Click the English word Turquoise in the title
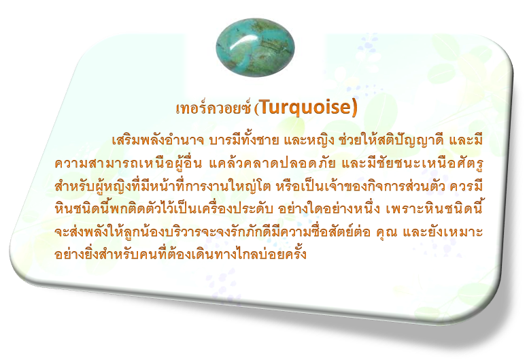305,107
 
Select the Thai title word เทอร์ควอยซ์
214,108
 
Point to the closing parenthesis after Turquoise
354,108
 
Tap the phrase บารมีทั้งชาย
244,140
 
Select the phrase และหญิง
308,141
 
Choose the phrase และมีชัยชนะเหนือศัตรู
412,163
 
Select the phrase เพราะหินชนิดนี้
435,209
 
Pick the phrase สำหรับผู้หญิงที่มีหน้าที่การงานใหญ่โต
163,186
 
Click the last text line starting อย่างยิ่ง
180,254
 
